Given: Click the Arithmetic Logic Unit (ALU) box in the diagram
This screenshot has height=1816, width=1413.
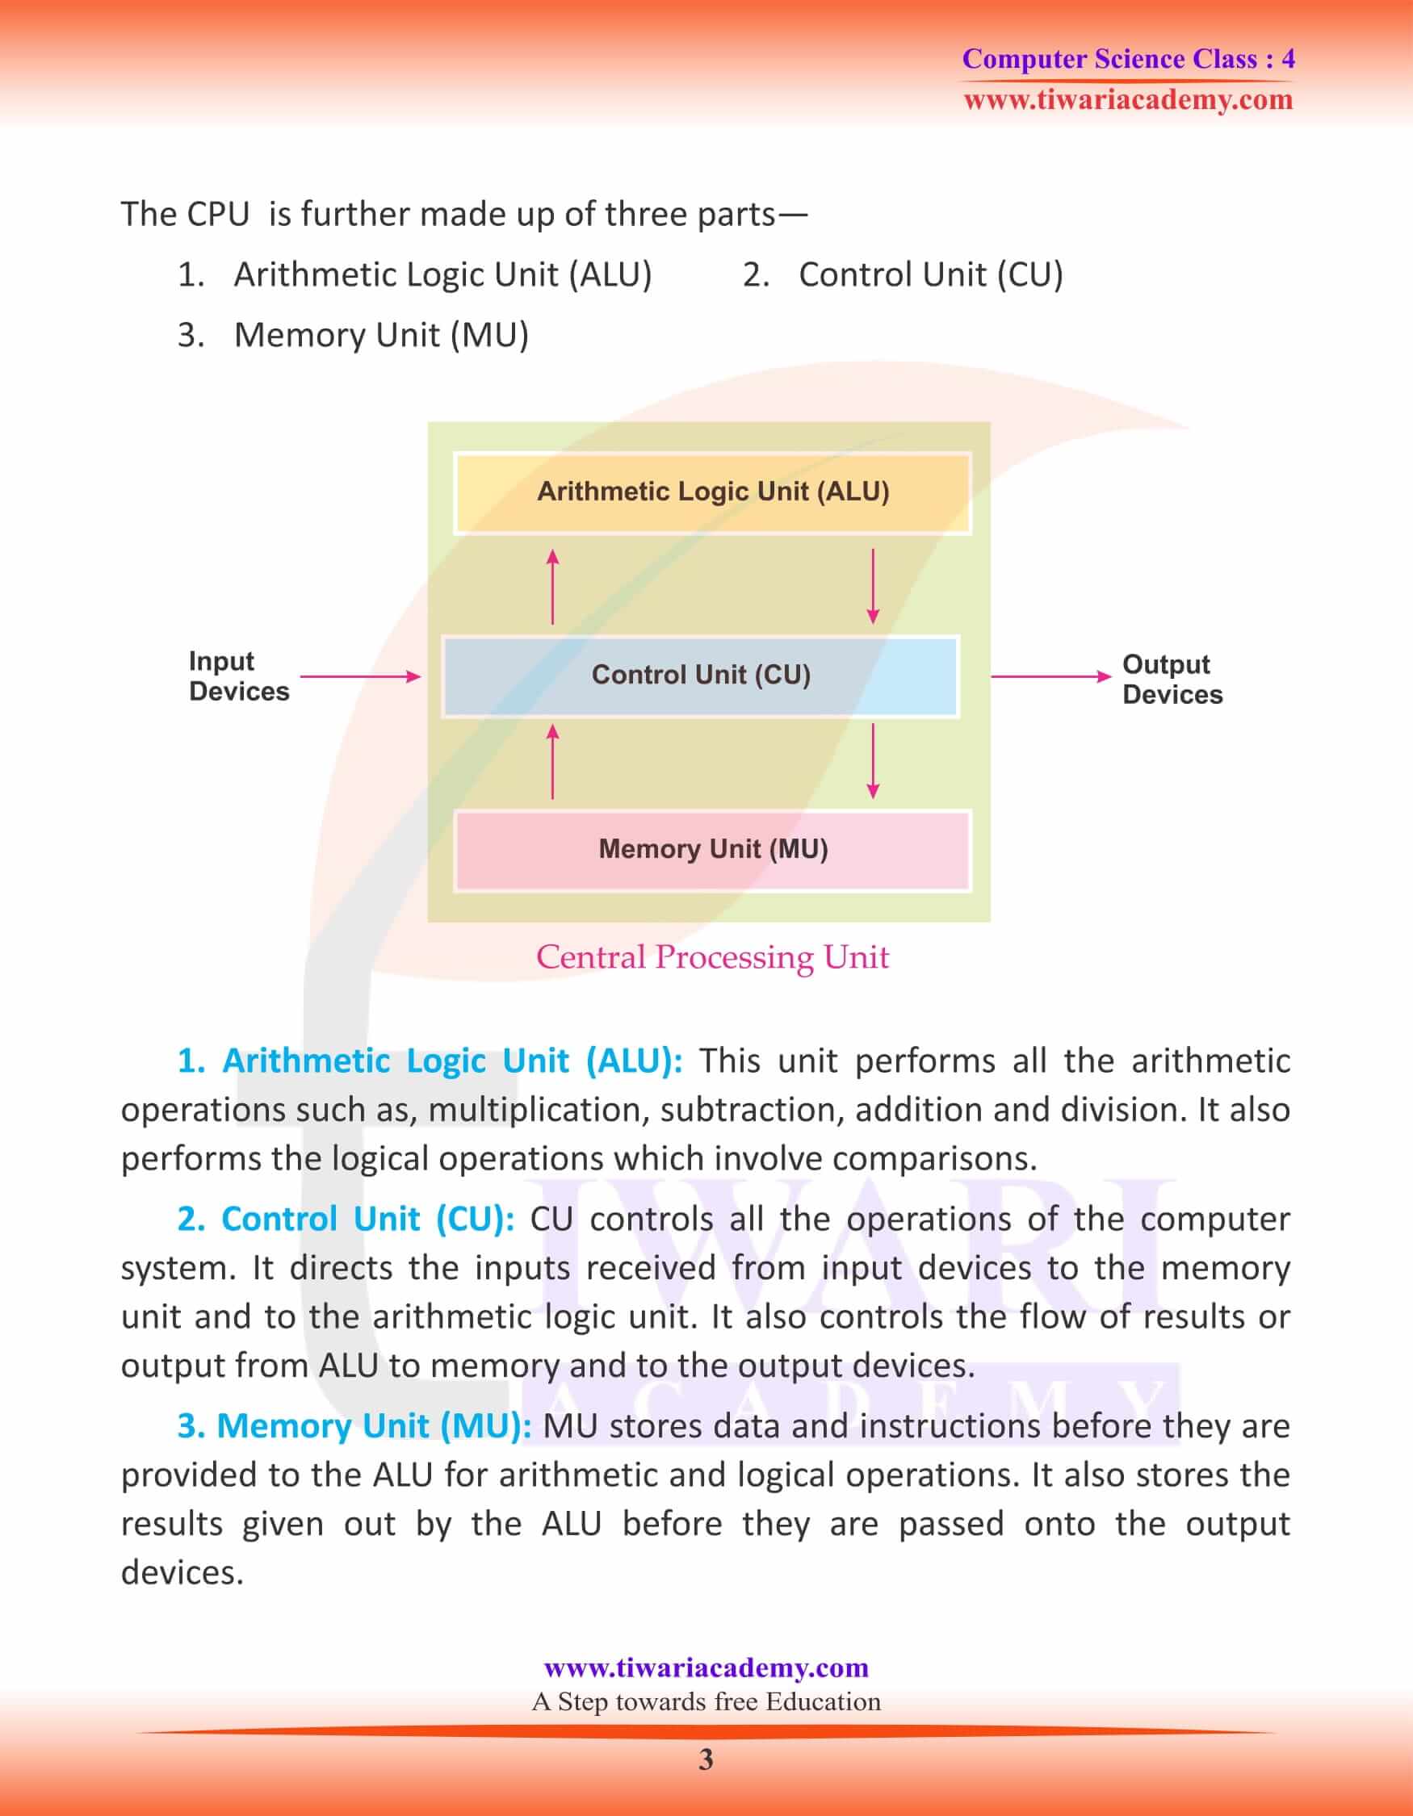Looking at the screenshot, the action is pyautogui.click(x=712, y=492).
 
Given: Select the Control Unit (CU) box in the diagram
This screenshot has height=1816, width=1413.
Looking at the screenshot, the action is pyautogui.click(x=700, y=676).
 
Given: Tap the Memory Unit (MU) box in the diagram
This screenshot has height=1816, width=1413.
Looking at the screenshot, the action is pyautogui.click(x=712, y=850).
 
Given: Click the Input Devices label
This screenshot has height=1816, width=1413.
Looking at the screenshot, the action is pyautogui.click(x=238, y=676).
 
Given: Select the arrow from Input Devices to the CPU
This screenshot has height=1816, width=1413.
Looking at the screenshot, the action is pyautogui.click(x=359, y=676).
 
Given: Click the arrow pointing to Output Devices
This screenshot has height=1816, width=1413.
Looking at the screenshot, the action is pyautogui.click(x=1050, y=676).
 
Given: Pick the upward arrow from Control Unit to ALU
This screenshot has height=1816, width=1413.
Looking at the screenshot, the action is pyautogui.click(x=552, y=586).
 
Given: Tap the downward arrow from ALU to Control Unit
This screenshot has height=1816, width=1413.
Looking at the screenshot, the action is pyautogui.click(x=872, y=586).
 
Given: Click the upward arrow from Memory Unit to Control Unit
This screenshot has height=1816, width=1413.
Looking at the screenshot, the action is pyautogui.click(x=552, y=762).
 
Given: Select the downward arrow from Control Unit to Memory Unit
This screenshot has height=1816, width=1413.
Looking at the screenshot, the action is pyautogui.click(x=872, y=762).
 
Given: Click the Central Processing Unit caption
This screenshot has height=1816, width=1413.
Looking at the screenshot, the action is pyautogui.click(x=712, y=957).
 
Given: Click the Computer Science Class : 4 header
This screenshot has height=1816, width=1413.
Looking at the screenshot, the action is pyautogui.click(x=1128, y=58).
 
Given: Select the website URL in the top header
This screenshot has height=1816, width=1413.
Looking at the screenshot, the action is pyautogui.click(x=1128, y=100).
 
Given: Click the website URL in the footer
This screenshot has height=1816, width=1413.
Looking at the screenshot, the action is pyautogui.click(x=705, y=1667).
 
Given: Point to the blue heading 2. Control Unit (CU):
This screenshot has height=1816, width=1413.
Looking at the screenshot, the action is pyautogui.click(x=346, y=1219).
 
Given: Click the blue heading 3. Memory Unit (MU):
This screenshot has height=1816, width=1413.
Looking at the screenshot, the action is pyautogui.click(x=354, y=1425).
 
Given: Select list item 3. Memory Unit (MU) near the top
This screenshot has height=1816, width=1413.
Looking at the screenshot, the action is pyautogui.click(x=354, y=335).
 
